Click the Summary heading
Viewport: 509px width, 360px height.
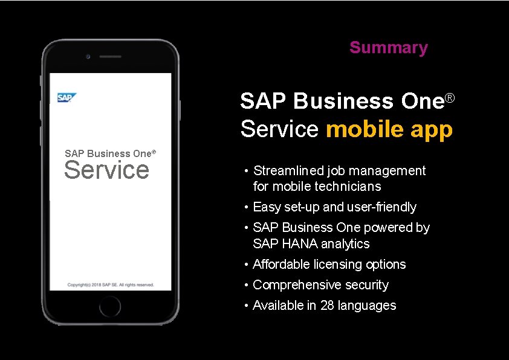(388, 48)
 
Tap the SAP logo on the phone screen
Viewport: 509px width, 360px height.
(66, 98)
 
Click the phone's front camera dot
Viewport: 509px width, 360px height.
(88, 56)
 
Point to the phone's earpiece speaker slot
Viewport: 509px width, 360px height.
(110, 57)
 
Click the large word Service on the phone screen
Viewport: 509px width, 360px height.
(106, 170)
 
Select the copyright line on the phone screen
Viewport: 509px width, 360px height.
(111, 284)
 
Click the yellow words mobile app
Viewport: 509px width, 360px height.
(389, 129)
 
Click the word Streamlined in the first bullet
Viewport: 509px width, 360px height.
(287, 171)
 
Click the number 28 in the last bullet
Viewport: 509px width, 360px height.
(327, 306)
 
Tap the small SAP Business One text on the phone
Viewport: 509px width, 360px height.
(109, 153)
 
